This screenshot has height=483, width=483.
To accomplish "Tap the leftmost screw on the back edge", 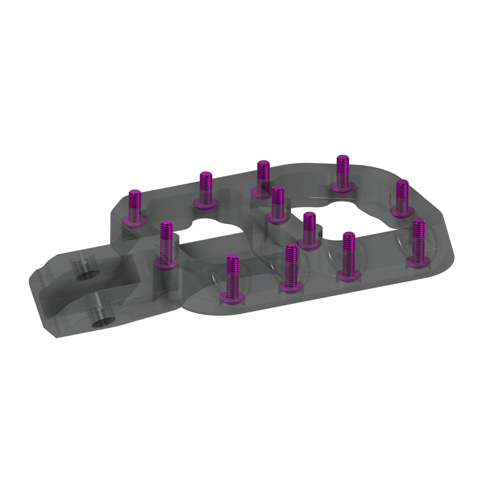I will (x=135, y=207).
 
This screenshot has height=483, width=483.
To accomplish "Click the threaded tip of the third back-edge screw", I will (x=263, y=164).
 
